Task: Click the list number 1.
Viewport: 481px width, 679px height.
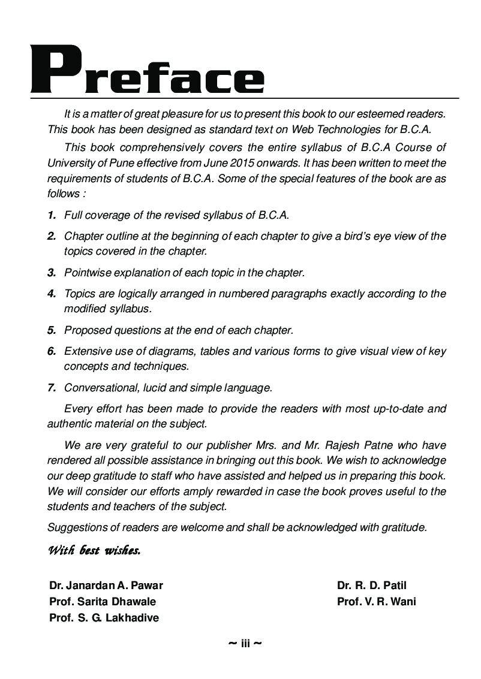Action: (52, 215)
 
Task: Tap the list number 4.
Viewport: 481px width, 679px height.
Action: (52, 294)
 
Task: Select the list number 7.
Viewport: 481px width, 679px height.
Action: (52, 388)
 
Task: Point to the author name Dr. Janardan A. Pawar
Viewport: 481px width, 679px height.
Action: (106, 586)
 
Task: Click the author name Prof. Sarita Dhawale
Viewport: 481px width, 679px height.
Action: (103, 602)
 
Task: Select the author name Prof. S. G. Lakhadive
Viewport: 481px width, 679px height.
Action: (104, 618)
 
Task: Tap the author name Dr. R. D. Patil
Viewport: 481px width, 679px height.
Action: (372, 586)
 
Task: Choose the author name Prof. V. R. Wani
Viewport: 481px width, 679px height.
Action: (377, 602)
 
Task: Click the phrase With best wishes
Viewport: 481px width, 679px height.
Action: (94, 550)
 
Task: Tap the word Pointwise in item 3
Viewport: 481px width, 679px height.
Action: (86, 273)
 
